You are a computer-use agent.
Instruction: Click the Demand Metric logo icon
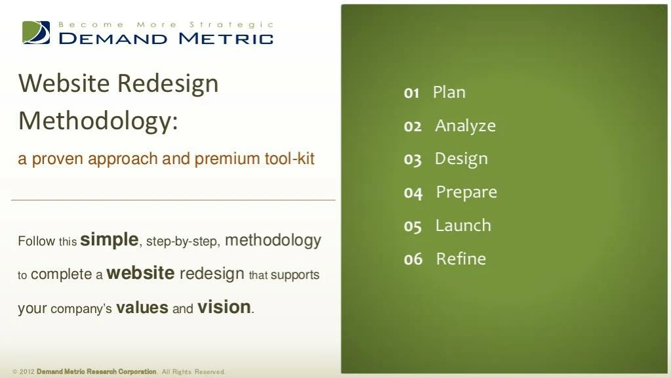[36, 32]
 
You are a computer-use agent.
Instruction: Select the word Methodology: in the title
[98, 121]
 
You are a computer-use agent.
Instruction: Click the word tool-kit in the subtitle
[289, 159]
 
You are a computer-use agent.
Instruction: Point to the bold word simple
[109, 240]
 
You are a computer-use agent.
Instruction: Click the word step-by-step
[182, 241]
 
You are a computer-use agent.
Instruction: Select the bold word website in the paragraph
[140, 274]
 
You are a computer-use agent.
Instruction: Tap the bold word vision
[224, 307]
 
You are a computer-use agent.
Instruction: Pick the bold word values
[142, 308]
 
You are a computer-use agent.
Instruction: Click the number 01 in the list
[411, 93]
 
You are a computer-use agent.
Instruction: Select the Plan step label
[449, 92]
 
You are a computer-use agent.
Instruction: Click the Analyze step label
[465, 125]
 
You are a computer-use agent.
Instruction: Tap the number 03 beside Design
[413, 159]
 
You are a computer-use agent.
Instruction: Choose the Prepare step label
[466, 192]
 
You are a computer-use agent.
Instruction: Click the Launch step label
[463, 225]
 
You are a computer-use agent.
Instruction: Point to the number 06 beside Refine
[413, 259]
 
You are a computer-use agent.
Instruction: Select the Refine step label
[461, 259]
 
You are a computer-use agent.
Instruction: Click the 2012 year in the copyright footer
[26, 372]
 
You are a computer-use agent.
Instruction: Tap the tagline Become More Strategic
[166, 24]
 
